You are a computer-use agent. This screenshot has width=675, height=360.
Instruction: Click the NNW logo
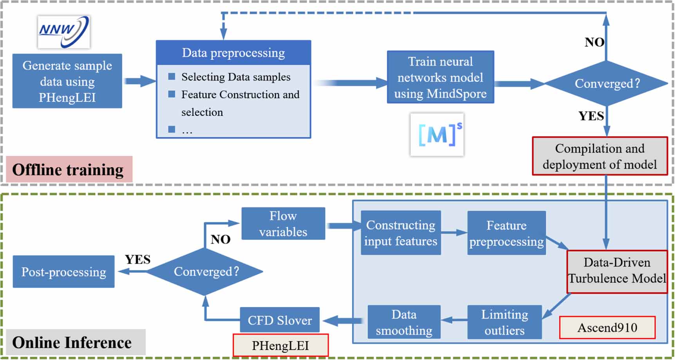pyautogui.click(x=64, y=32)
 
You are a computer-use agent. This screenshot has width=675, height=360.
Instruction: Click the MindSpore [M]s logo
pyautogui.click(x=437, y=135)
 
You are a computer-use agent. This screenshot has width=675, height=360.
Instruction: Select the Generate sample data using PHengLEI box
pyautogui.click(x=67, y=81)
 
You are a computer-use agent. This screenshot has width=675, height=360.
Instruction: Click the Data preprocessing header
pyautogui.click(x=233, y=53)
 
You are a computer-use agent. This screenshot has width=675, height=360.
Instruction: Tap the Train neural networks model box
pyautogui.click(x=440, y=77)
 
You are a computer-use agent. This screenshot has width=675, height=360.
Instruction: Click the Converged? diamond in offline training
pyautogui.click(x=606, y=83)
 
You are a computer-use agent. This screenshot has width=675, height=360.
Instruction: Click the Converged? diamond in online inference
pyautogui.click(x=205, y=272)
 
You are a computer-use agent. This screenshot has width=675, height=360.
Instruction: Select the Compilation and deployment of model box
pyautogui.click(x=599, y=156)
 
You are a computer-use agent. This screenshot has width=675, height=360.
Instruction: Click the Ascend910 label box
pyautogui.click(x=607, y=328)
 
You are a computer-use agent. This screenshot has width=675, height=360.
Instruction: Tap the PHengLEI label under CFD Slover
pyautogui.click(x=280, y=346)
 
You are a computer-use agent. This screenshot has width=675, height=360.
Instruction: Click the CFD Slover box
pyautogui.click(x=279, y=320)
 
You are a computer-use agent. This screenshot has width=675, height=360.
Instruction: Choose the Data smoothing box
pyautogui.click(x=404, y=322)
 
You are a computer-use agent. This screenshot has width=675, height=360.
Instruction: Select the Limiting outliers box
pyautogui.click(x=504, y=322)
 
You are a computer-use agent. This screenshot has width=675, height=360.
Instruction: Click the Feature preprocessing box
pyautogui.click(x=506, y=233)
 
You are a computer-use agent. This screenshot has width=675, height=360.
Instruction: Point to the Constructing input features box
pyautogui.click(x=401, y=233)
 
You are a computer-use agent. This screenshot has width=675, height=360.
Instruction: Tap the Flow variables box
pyautogui.click(x=283, y=224)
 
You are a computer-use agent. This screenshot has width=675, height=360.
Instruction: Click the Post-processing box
pyautogui.click(x=63, y=272)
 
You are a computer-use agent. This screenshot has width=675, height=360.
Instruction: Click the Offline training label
pyautogui.click(x=68, y=170)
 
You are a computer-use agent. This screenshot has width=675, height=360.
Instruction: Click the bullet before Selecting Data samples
pyautogui.click(x=171, y=77)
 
